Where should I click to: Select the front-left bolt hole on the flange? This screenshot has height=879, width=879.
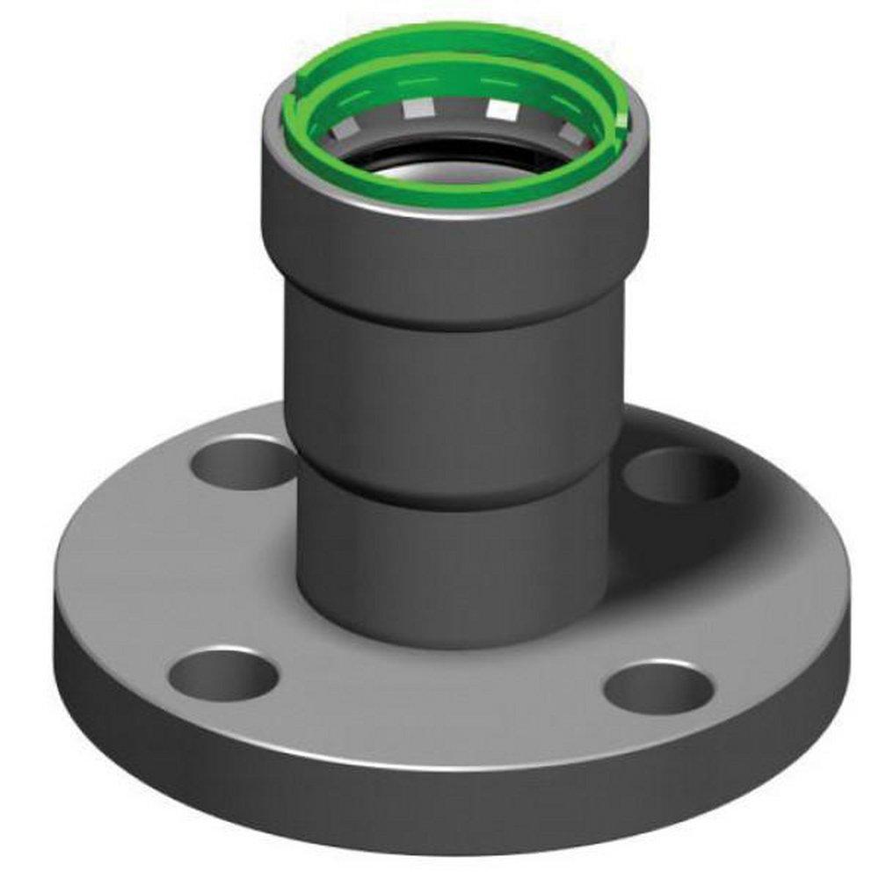pos(223,676)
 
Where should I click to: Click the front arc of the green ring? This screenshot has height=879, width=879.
pos(457,193)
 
